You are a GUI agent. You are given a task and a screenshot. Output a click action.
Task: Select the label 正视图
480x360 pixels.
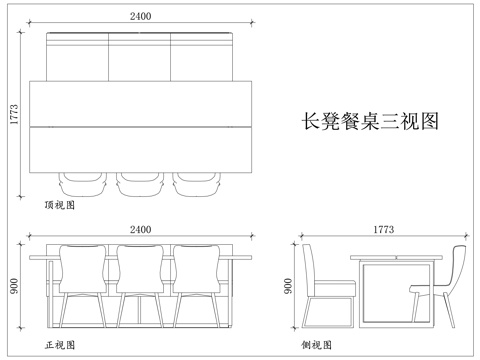[x=59, y=345]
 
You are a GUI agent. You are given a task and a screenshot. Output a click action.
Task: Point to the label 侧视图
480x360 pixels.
[x=316, y=345]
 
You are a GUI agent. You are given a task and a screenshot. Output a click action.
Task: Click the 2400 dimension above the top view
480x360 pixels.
[x=141, y=16]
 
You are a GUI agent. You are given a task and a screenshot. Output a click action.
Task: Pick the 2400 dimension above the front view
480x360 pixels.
[x=141, y=230]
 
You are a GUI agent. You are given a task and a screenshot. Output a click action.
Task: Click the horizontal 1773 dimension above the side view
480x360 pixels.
[x=383, y=230]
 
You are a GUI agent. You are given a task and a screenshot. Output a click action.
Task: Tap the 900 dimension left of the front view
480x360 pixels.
[x=12, y=287]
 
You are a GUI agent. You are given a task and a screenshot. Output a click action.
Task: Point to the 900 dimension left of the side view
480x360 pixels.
[x=289, y=286]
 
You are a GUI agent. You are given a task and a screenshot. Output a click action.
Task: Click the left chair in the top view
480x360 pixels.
[x=84, y=183]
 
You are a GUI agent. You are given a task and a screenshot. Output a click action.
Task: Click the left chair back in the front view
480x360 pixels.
[x=83, y=270]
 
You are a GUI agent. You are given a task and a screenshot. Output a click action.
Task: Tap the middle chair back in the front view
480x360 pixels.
[x=141, y=270]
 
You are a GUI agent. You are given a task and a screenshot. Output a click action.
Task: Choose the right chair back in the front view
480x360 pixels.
[x=198, y=270]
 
